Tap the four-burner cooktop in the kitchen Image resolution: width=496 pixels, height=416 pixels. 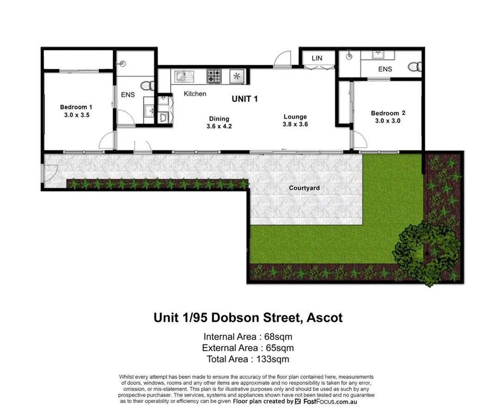pyautogui.click(x=214, y=76)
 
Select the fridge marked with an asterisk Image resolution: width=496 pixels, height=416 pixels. pyautogui.click(x=237, y=76)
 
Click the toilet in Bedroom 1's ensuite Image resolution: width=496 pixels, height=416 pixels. pyautogui.click(x=147, y=86)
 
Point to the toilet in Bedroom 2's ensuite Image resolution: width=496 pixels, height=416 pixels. pyautogui.click(x=415, y=67)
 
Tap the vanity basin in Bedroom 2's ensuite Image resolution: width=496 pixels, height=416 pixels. pyautogui.click(x=384, y=55)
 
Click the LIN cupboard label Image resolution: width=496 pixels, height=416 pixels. pyautogui.click(x=317, y=58)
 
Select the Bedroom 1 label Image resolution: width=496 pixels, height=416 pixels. pyautogui.click(x=76, y=107)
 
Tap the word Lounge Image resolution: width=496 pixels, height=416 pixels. pyautogui.click(x=295, y=116)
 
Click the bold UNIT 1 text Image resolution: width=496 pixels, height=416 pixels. pyautogui.click(x=245, y=99)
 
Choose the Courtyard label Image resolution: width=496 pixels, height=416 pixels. pyautogui.click(x=304, y=188)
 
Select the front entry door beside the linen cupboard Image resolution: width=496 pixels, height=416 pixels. pyautogui.click(x=282, y=60)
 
